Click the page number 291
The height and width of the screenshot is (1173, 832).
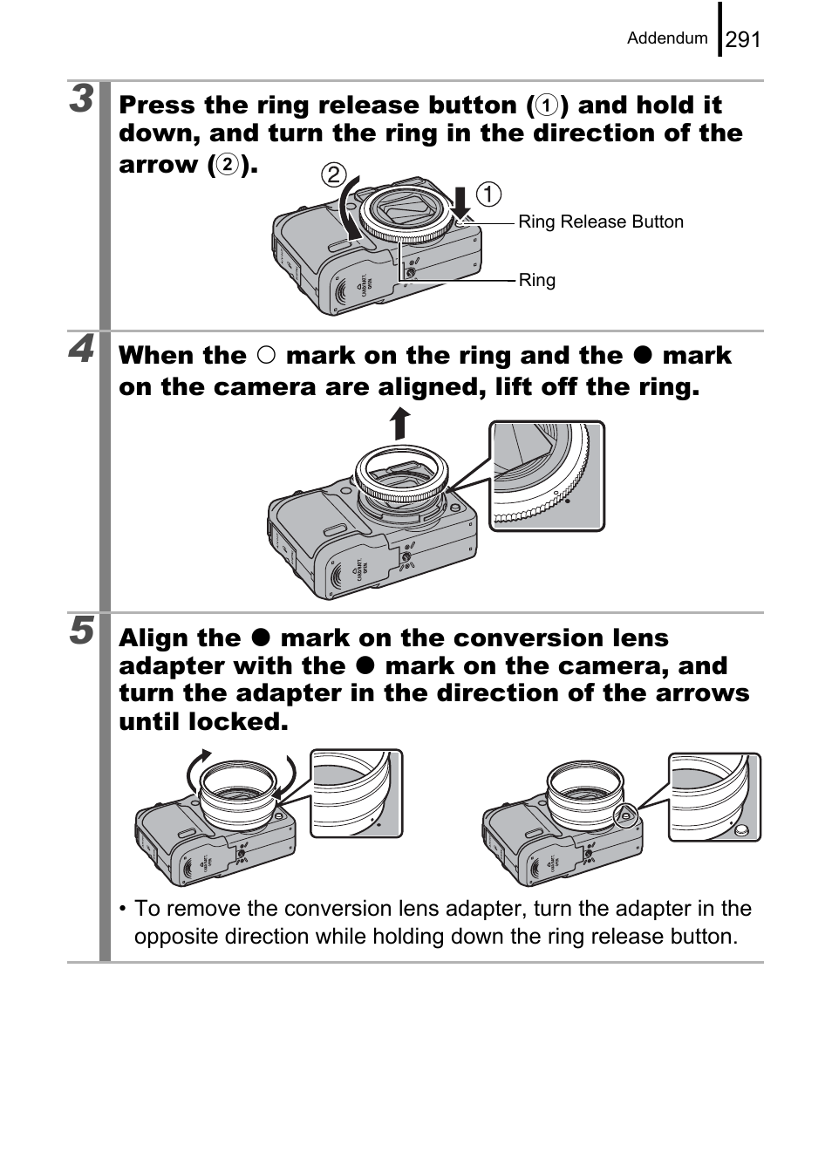743,39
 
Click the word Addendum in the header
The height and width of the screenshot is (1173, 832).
667,38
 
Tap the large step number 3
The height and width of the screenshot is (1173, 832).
82,99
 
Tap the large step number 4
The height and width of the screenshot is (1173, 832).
82,350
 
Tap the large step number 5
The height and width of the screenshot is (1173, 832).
82,630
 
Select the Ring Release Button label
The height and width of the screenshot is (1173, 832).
601,222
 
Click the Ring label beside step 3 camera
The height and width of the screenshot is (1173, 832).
536,280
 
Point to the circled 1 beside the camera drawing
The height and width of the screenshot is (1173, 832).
488,194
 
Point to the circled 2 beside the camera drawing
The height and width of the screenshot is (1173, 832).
332,174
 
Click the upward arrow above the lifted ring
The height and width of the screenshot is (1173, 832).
399,423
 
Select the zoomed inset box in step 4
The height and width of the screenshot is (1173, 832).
546,476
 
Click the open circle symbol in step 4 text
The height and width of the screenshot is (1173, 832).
266,356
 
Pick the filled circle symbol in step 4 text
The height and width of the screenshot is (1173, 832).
643,356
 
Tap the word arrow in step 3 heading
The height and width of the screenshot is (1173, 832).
157,165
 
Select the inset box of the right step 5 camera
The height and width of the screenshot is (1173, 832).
714,797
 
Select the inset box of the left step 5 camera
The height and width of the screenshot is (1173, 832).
357,794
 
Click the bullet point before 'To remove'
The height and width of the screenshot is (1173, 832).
124,910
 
